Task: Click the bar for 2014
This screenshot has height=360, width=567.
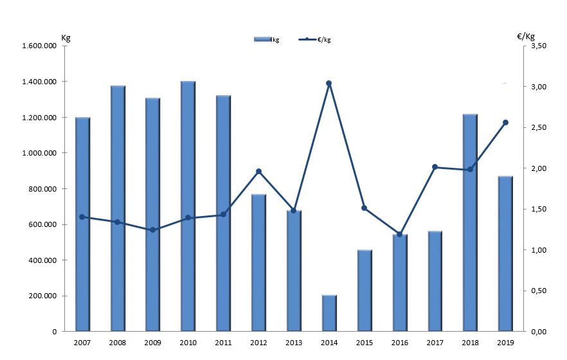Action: pyautogui.click(x=329, y=313)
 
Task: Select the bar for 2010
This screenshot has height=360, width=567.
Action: pyautogui.click(x=188, y=206)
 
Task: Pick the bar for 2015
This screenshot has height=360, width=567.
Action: pyautogui.click(x=364, y=291)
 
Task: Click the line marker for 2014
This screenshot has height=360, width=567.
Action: pyautogui.click(x=328, y=84)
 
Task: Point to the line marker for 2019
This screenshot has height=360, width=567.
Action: pyautogui.click(x=505, y=123)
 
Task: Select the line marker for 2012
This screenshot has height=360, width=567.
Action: pyautogui.click(x=258, y=172)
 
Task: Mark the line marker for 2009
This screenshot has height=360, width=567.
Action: pyautogui.click(x=152, y=230)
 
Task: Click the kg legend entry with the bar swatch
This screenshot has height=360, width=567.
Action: pyautogui.click(x=267, y=40)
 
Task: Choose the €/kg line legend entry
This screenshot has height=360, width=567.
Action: pyautogui.click(x=316, y=40)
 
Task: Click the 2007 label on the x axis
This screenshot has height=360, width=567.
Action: pyautogui.click(x=82, y=343)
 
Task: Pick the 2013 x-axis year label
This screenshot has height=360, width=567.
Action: pyautogui.click(x=294, y=343)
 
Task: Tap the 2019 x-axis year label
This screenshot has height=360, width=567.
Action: pyautogui.click(x=505, y=343)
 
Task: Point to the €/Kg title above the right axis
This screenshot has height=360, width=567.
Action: pyautogui.click(x=526, y=36)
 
